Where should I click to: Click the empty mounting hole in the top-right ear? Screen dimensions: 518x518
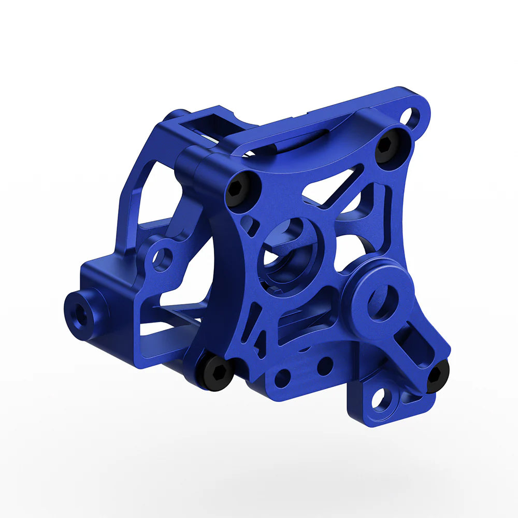(x=412, y=118)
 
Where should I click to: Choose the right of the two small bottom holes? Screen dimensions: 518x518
(x=324, y=366)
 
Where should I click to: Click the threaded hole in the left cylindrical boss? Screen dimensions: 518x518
(x=78, y=315)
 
